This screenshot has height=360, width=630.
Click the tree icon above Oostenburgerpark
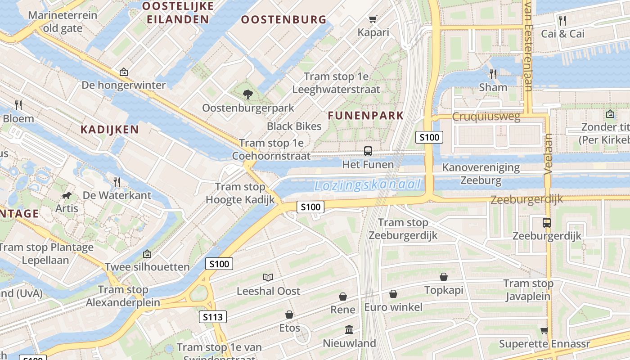(x=247, y=94)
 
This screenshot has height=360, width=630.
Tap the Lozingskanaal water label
(x=368, y=185)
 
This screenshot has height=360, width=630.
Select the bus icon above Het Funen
(x=368, y=151)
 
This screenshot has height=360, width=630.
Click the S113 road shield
(x=212, y=317)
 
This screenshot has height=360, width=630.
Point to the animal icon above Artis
(x=67, y=195)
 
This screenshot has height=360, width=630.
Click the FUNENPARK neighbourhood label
(x=366, y=116)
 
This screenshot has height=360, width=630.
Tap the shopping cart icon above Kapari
(x=373, y=19)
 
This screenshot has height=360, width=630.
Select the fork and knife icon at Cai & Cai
(x=562, y=20)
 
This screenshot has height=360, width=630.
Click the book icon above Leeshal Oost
(x=268, y=277)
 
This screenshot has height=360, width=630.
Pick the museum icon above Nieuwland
(x=349, y=330)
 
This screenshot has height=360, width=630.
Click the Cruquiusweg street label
(x=486, y=117)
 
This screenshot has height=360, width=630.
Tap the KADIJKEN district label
(x=110, y=130)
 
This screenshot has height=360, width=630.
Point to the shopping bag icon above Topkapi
(x=444, y=277)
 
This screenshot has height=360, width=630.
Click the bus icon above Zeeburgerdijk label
(x=547, y=222)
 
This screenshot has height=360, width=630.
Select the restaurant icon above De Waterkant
(x=117, y=182)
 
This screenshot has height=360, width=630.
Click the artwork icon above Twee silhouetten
(x=147, y=254)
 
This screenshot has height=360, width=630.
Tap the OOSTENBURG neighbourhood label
(x=283, y=19)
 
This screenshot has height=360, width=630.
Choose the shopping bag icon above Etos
(x=289, y=315)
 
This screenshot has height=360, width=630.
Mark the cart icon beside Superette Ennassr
(x=544, y=331)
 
